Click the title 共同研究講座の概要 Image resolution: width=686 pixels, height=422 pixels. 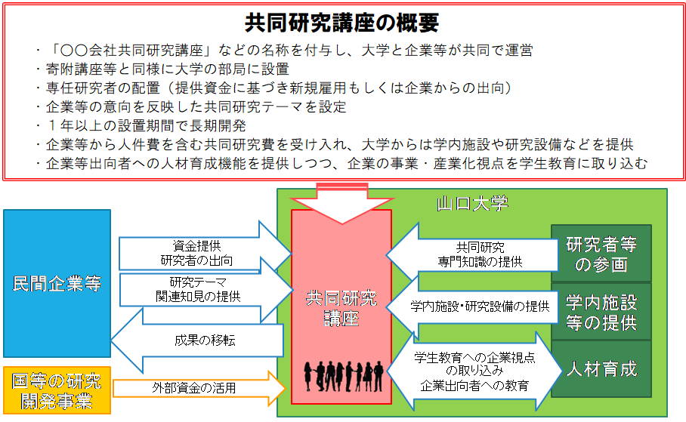[342, 23]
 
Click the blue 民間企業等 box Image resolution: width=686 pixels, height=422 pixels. [57, 284]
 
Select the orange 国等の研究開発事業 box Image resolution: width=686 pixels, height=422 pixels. [57, 390]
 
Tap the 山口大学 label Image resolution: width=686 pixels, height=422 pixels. [472, 204]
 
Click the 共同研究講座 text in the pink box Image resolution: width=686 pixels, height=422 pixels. [341, 308]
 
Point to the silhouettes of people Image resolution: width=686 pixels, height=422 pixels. [341, 374]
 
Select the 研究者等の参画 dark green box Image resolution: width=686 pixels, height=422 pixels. [601, 254]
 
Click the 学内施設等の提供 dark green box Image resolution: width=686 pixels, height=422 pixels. [601, 313]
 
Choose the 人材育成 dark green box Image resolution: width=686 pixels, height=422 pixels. [601, 369]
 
